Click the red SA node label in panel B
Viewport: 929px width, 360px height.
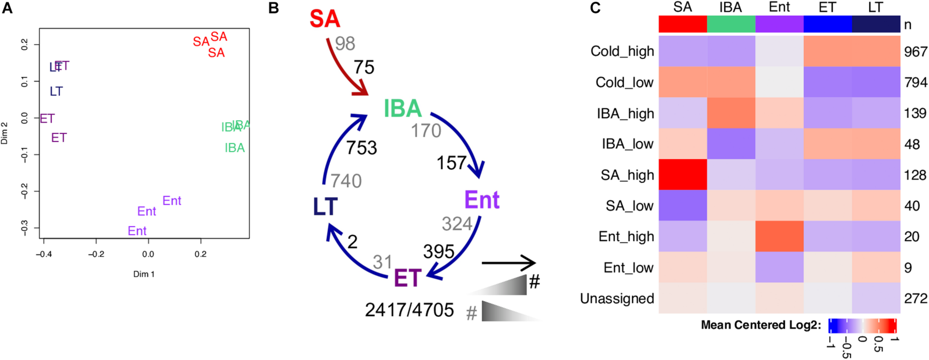point(325,19)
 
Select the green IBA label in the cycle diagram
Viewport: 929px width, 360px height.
point(402,108)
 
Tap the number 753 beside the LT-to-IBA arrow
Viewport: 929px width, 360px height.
point(362,148)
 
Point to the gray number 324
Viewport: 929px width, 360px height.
point(457,224)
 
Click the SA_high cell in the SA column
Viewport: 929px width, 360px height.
point(683,175)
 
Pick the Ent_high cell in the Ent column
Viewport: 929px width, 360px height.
point(779,236)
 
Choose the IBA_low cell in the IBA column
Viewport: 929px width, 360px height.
point(731,144)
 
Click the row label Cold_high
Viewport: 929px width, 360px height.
point(622,51)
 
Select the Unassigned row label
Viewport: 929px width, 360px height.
point(617,298)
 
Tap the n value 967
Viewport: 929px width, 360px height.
point(916,52)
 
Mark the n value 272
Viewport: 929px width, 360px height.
point(916,298)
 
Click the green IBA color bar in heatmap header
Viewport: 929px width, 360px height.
point(731,25)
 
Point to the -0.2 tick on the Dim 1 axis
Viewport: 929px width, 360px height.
point(96,254)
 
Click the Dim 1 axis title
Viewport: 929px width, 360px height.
point(144,274)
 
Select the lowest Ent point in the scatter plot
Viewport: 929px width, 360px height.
point(137,231)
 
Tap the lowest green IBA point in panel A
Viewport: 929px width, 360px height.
point(235,148)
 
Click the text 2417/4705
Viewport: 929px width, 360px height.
point(409,310)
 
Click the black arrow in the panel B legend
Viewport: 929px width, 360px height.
point(508,263)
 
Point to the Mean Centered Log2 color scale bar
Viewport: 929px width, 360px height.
point(862,326)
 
